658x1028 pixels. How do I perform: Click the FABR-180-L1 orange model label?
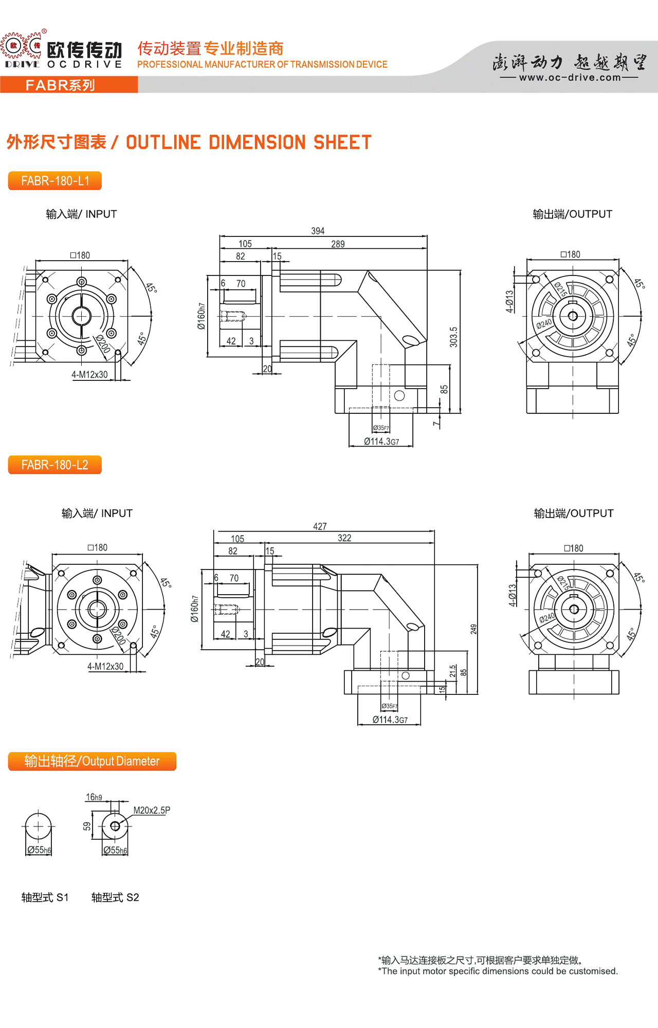click(55, 181)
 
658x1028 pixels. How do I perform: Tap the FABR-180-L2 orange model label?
click(55, 465)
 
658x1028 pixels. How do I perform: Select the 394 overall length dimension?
click(318, 231)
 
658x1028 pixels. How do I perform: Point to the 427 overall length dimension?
click(320, 526)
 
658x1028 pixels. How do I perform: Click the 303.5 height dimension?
click(453, 337)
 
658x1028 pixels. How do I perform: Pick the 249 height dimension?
click(473, 629)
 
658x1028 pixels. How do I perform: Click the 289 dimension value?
click(338, 244)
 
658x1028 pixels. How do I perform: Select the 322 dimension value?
click(344, 538)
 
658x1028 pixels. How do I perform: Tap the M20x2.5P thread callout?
click(152, 811)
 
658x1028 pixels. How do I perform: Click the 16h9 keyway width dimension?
click(94, 797)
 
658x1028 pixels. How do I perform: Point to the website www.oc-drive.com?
click(570, 78)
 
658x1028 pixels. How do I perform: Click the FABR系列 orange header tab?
click(61, 85)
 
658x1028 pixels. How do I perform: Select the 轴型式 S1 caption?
click(45, 897)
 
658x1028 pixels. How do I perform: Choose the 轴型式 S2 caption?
click(115, 897)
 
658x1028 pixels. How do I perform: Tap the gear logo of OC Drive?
click(22, 46)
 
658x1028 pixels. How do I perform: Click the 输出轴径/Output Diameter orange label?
click(92, 761)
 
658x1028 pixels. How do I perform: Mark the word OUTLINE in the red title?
click(163, 142)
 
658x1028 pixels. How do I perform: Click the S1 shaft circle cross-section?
click(38, 827)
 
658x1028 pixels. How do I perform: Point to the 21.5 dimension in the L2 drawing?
click(453, 671)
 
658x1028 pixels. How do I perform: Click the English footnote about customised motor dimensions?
click(498, 971)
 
